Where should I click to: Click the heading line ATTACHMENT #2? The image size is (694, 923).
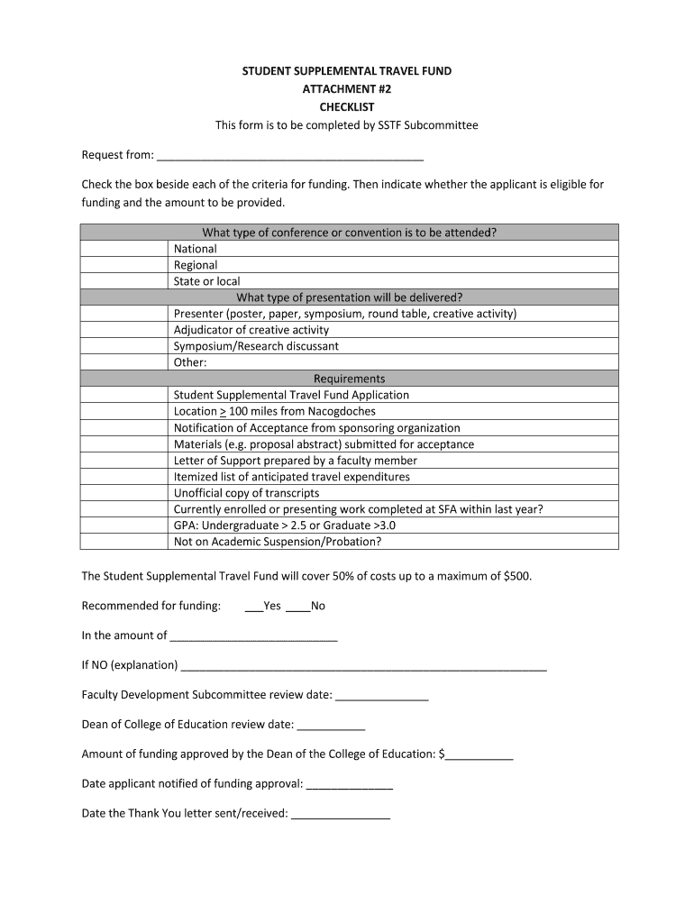point(347,88)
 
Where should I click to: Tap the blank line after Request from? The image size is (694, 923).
point(289,154)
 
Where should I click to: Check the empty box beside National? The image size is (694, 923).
point(125,249)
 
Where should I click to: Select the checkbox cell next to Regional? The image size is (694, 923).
point(125,265)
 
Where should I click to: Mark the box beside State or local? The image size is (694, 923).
point(125,281)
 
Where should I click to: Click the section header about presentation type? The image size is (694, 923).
point(349,297)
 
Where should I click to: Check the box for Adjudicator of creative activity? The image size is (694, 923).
point(125,330)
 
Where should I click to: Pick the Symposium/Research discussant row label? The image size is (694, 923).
point(256,346)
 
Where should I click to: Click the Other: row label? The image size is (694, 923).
point(190,362)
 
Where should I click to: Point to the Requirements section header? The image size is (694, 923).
point(349,379)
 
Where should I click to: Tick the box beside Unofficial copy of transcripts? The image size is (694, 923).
point(125,493)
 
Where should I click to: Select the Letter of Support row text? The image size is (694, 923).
point(295,461)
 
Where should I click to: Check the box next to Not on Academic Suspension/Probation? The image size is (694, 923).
point(125,542)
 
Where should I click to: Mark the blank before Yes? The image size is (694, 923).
point(253,607)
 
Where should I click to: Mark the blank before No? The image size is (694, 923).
point(297,607)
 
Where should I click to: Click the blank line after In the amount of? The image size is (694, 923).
point(253,636)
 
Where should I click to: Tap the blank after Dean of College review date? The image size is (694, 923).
point(331,725)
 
